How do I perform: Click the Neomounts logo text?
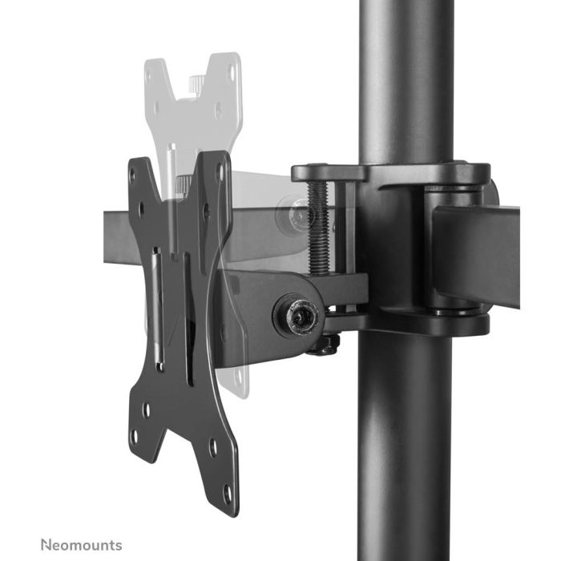click(83, 545)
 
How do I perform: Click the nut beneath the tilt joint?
click(324, 345)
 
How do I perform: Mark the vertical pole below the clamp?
click(404, 449)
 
